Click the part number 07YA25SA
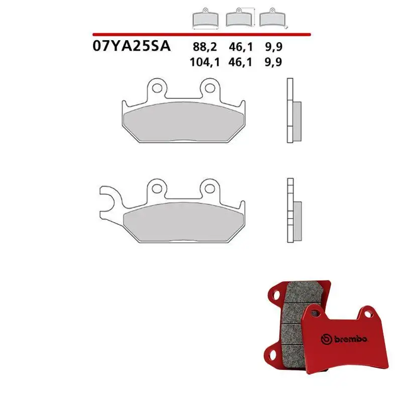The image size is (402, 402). (x=132, y=46)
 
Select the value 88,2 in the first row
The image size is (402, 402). (x=205, y=47)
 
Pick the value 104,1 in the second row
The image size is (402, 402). (x=205, y=62)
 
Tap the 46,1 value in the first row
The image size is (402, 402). (x=241, y=47)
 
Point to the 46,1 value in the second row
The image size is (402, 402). (x=240, y=62)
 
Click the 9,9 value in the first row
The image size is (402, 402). (x=274, y=47)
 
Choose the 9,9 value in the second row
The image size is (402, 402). (x=273, y=62)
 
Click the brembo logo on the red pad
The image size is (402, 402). (x=344, y=339)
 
